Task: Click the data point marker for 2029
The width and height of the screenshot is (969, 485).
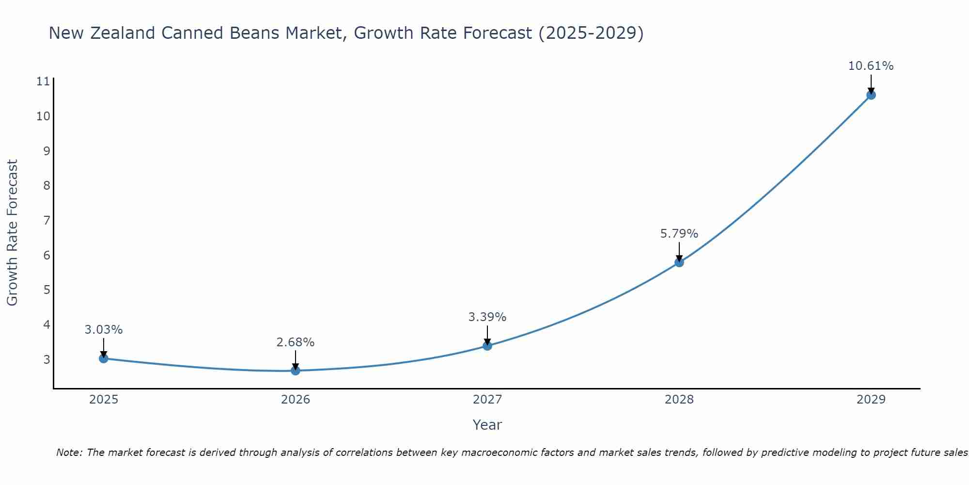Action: pyautogui.click(x=871, y=95)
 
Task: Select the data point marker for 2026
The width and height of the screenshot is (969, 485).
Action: pyautogui.click(x=296, y=371)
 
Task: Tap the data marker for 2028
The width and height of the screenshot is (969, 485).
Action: pyautogui.click(x=679, y=262)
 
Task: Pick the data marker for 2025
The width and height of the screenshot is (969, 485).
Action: pyautogui.click(x=104, y=358)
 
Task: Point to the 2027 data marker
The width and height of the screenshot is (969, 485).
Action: pyautogui.click(x=487, y=346)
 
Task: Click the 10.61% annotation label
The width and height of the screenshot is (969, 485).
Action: pyautogui.click(x=871, y=66)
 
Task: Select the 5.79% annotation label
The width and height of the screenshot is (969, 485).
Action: pyautogui.click(x=679, y=234)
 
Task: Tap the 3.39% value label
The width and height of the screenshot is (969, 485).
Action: pyautogui.click(x=487, y=317)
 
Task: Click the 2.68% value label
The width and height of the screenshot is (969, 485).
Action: pyautogui.click(x=296, y=342)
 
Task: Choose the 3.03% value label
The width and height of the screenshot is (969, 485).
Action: pyautogui.click(x=104, y=330)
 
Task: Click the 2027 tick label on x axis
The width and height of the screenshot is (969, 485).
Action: pyautogui.click(x=487, y=400)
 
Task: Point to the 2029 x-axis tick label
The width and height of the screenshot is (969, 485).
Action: pyautogui.click(x=871, y=400)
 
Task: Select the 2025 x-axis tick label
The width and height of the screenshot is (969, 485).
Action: pyautogui.click(x=104, y=400)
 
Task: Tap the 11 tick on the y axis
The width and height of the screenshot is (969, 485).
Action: pyautogui.click(x=43, y=81)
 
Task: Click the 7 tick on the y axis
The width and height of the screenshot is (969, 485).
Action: pyautogui.click(x=47, y=221)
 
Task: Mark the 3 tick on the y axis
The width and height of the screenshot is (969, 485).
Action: pyautogui.click(x=47, y=359)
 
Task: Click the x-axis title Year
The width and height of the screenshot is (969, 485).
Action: pyautogui.click(x=487, y=425)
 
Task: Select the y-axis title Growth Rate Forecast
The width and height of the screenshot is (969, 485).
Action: pyautogui.click(x=13, y=233)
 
